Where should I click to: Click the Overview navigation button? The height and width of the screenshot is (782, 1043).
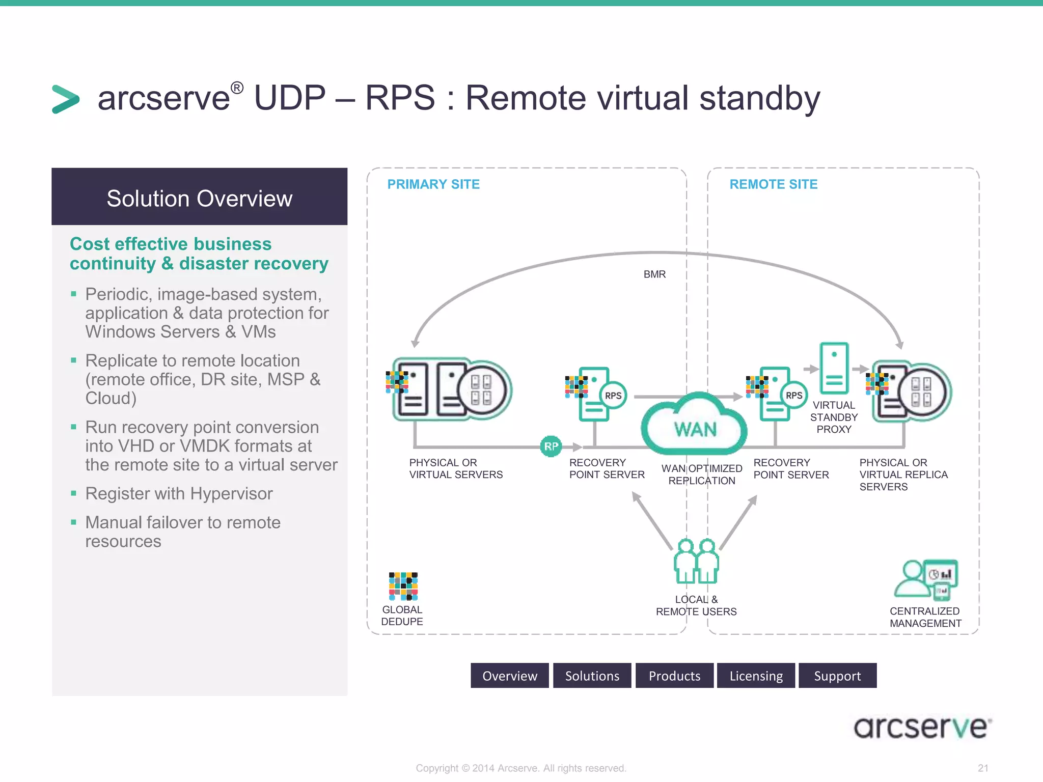click(x=509, y=676)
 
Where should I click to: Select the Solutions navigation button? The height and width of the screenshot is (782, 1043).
click(x=592, y=676)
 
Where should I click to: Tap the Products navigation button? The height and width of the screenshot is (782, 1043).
click(x=674, y=676)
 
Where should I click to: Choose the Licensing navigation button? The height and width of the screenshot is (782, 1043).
click(x=756, y=676)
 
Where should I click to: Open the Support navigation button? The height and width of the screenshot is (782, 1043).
click(x=837, y=676)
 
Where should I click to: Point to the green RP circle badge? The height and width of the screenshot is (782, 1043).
click(x=551, y=446)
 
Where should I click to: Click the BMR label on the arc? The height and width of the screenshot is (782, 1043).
click(x=654, y=274)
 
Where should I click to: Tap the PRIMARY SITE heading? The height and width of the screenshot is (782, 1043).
click(x=433, y=184)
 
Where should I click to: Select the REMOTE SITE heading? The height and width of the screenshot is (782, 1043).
click(x=773, y=184)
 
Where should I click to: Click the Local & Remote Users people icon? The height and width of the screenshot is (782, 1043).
click(x=696, y=562)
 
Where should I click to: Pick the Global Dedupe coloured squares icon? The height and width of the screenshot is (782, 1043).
click(x=403, y=586)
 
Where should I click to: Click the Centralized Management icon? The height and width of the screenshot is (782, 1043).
click(x=926, y=580)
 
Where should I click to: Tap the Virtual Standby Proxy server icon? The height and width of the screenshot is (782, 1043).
click(x=834, y=368)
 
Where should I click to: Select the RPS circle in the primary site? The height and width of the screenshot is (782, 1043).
click(x=613, y=396)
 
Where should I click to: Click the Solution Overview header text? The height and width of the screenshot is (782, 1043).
click(x=199, y=199)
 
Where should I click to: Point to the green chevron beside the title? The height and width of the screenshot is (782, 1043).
click(x=66, y=99)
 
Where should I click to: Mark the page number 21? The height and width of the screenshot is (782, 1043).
click(x=983, y=768)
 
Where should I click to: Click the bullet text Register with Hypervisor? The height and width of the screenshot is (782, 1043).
click(x=179, y=494)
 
